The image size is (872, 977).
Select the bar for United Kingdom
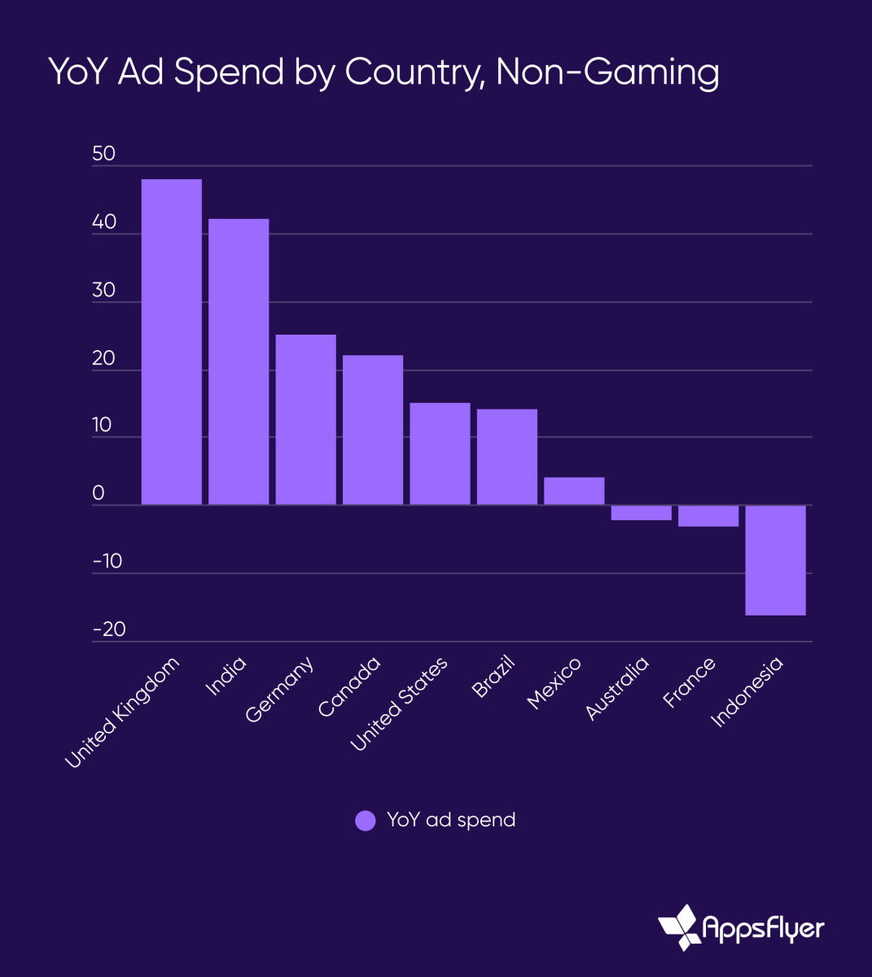click(x=171, y=342)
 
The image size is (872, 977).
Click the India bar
click(x=239, y=362)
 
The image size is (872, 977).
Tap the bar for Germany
click(x=305, y=420)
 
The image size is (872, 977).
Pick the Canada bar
click(x=373, y=430)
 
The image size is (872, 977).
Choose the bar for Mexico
click(x=574, y=491)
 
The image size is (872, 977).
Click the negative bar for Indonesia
click(x=775, y=560)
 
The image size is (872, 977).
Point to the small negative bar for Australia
click(x=641, y=513)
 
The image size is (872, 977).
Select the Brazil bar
click(x=506, y=457)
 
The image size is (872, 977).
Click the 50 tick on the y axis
click(x=104, y=154)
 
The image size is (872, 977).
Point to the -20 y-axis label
click(x=108, y=629)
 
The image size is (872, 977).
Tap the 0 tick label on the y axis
click(x=99, y=493)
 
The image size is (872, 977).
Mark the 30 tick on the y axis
click(x=104, y=290)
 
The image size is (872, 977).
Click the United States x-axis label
click(x=399, y=704)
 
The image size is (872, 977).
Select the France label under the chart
click(x=689, y=682)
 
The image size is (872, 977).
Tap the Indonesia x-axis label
click(x=747, y=690)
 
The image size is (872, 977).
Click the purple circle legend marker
click(x=366, y=820)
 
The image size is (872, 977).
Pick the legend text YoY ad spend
click(x=451, y=820)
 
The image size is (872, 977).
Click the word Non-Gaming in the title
click(x=607, y=72)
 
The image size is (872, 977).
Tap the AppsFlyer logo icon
click(x=679, y=927)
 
